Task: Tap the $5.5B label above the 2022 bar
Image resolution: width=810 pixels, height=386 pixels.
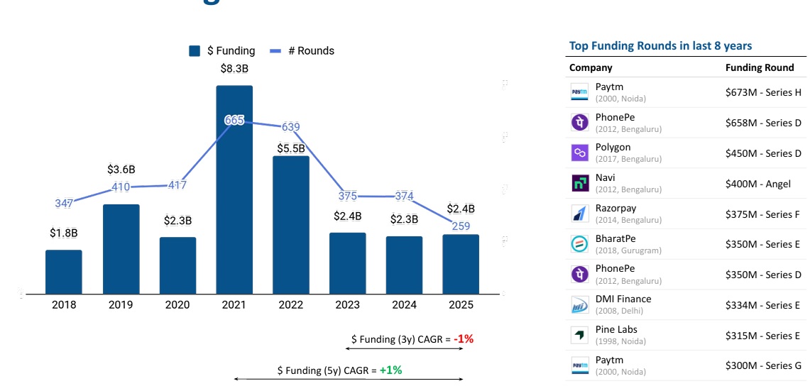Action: [x=290, y=148]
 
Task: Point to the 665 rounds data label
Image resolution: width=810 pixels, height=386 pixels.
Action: [x=234, y=121]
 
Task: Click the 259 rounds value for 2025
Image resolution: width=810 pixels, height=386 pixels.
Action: [x=461, y=226]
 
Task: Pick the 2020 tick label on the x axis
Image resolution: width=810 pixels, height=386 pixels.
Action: [x=177, y=305]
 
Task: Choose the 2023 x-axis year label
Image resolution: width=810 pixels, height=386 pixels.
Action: [x=347, y=305]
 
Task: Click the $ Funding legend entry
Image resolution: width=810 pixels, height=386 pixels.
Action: [x=222, y=51]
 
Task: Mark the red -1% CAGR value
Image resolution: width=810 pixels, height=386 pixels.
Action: [x=464, y=339]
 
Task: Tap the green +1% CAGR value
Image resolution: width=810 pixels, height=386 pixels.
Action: [x=390, y=370]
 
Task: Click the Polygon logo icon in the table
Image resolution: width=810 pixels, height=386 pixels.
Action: [x=580, y=153]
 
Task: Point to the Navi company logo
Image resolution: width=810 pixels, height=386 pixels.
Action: [x=580, y=184]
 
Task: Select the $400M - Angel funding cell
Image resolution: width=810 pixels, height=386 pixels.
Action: [x=757, y=184]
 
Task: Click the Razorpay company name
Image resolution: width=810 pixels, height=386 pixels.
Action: [x=615, y=208]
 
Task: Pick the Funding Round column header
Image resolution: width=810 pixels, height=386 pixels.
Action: [x=760, y=68]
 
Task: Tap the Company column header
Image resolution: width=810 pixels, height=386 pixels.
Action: [x=591, y=68]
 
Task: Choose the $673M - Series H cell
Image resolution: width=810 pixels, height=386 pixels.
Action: [x=763, y=92]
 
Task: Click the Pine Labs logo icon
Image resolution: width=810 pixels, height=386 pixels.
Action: [x=580, y=335]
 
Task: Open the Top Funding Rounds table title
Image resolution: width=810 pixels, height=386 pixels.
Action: [x=660, y=46]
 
